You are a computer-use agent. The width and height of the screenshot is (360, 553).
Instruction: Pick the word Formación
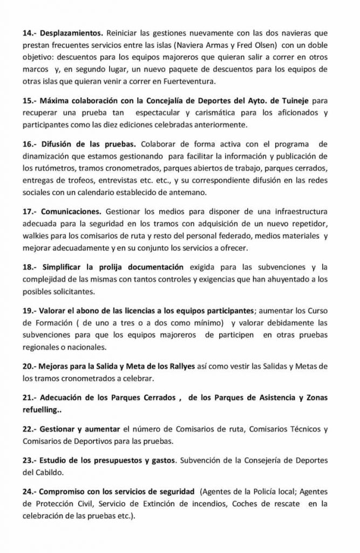coord(54,324)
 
